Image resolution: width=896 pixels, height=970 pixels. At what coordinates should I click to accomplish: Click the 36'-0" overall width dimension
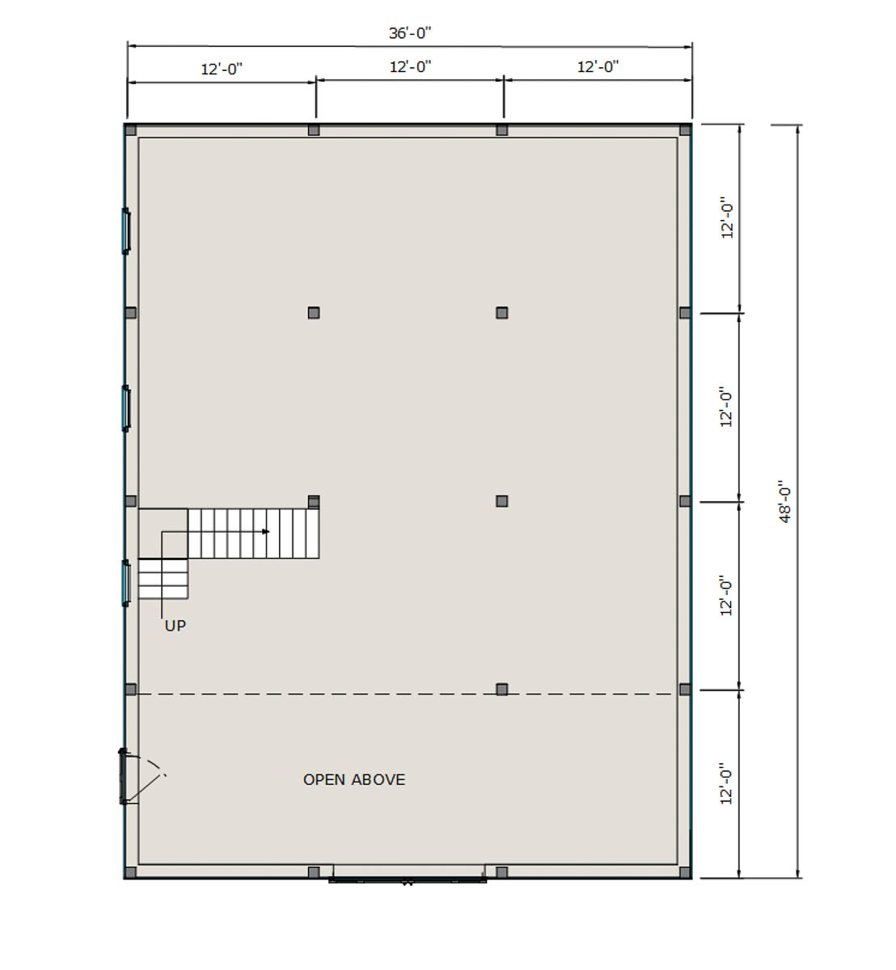click(410, 33)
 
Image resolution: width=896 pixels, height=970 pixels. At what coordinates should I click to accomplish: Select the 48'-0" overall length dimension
click(784, 501)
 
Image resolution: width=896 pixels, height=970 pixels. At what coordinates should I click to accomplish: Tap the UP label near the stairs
click(175, 626)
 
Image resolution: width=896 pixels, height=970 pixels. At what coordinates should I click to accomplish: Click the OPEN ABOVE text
click(354, 779)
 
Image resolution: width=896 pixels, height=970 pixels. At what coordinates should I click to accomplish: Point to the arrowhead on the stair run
click(266, 531)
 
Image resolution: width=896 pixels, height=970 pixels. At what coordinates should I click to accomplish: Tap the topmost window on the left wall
click(125, 231)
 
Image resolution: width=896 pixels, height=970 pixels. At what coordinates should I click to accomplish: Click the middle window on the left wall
click(125, 408)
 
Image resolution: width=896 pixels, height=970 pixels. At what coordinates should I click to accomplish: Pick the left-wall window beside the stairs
click(125, 583)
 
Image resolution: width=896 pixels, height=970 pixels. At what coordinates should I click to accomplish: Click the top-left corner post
click(130, 130)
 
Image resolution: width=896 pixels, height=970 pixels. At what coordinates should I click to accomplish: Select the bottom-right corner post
click(685, 872)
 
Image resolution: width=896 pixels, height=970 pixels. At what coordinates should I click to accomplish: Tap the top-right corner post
click(685, 130)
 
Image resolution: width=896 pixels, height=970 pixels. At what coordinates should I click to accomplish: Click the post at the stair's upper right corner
click(314, 501)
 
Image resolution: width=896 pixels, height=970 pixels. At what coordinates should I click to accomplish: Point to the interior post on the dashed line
click(501, 690)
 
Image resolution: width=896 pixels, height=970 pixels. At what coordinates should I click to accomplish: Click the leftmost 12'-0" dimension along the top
click(222, 69)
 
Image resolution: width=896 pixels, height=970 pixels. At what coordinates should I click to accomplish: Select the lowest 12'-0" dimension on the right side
click(726, 783)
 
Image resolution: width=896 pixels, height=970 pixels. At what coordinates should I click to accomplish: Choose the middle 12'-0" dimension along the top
click(410, 66)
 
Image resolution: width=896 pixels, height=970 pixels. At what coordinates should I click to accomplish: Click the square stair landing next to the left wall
click(163, 533)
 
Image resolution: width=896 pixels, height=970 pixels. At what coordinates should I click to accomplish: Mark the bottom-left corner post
click(130, 872)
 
